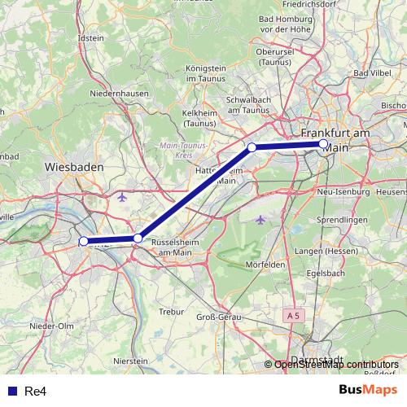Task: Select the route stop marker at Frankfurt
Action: pos(323,144)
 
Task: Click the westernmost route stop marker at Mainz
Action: pos(84,241)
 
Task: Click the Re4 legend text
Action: pos(35,392)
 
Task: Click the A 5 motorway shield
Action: pos(294,314)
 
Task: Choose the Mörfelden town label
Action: pos(265,265)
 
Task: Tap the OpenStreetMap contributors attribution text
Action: pos(336,365)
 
